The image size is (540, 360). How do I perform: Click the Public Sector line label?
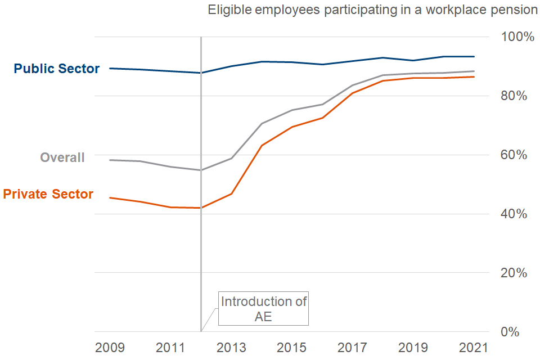pyautogui.click(x=57, y=69)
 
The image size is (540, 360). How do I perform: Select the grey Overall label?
pyautogui.click(x=62, y=157)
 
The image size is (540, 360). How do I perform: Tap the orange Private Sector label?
pyautogui.click(x=48, y=194)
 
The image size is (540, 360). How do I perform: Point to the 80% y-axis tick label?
pyautogui.click(x=513, y=96)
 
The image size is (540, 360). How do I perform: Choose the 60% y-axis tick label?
pyautogui.click(x=513, y=155)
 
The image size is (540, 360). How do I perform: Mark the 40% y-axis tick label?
pyautogui.click(x=513, y=214)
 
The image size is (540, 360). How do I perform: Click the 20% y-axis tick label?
pyautogui.click(x=513, y=273)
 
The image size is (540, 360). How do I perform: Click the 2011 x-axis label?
pyautogui.click(x=170, y=347)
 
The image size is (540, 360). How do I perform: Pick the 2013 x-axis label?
pyautogui.click(x=231, y=347)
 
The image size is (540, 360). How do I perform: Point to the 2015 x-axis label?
pyautogui.click(x=292, y=347)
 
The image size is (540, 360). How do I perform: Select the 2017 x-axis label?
pyautogui.click(x=353, y=347)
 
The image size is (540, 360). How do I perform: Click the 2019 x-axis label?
pyautogui.click(x=413, y=347)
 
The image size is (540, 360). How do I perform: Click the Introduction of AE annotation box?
pyautogui.click(x=263, y=308)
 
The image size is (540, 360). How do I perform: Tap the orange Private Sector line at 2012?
pyautogui.click(x=201, y=208)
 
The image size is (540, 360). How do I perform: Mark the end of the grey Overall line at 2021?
pyautogui.click(x=474, y=71)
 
